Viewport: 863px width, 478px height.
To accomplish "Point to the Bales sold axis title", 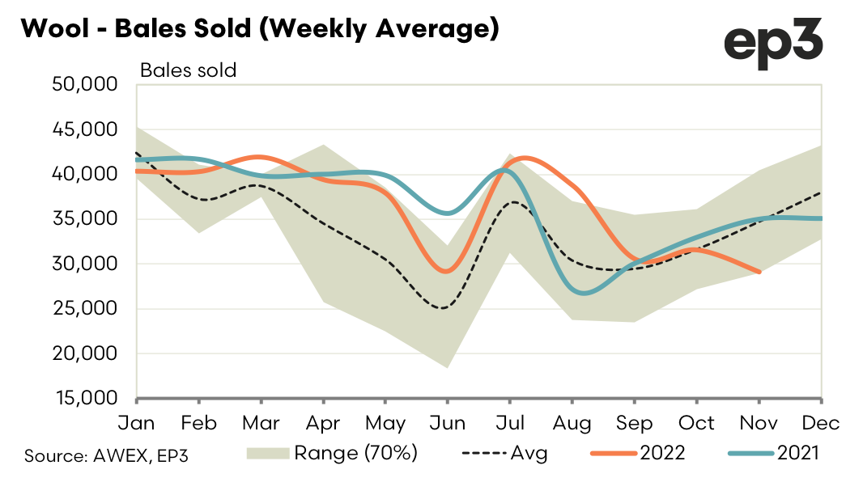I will pyautogui.click(x=188, y=70).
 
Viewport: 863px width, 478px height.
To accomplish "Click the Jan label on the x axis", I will pyautogui.click(x=137, y=423).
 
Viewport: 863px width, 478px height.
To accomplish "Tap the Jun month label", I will pyautogui.click(x=446, y=423).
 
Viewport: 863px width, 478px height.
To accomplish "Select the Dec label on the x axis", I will pyautogui.click(x=822, y=423).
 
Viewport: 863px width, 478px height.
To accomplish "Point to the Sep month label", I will pyautogui.click(x=634, y=423).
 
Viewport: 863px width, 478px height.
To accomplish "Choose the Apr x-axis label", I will pyautogui.click(x=323, y=423).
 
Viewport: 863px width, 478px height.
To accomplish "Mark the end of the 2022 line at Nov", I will pyautogui.click(x=759, y=273).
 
